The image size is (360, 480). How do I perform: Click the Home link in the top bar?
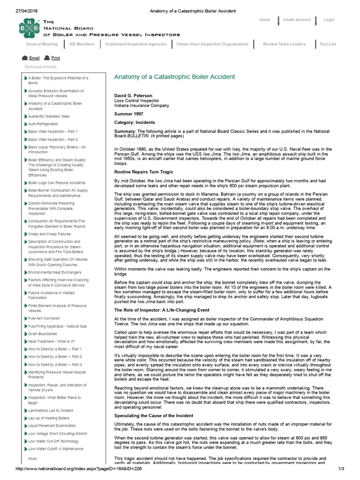pos(264,20)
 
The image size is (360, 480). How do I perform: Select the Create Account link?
pos(296,20)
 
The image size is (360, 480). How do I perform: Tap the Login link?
pos(329,20)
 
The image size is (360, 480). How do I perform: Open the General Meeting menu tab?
pos(42,44)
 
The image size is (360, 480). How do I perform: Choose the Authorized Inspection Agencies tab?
pos(135,44)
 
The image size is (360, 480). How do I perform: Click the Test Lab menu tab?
pos(328,44)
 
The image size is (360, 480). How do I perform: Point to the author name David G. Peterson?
pos(134,96)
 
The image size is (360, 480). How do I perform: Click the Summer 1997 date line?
pos(130,113)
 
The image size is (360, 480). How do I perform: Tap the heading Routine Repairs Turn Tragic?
pos(144,172)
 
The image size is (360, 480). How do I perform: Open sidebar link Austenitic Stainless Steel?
pos(49,116)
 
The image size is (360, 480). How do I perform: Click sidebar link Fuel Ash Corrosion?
pos(44,318)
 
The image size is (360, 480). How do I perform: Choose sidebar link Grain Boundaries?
pos(43,334)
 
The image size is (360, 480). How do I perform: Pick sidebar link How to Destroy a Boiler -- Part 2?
pos(55,357)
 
